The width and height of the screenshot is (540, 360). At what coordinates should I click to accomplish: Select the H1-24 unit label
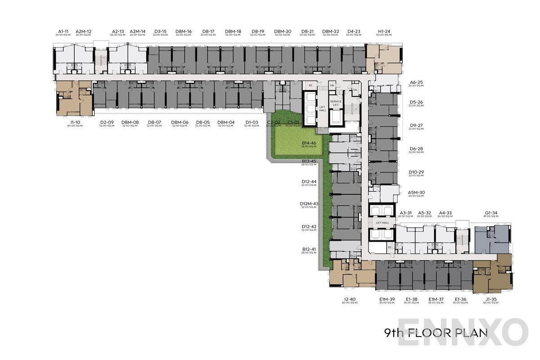[383, 31]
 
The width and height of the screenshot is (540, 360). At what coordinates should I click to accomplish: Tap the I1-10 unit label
[75, 122]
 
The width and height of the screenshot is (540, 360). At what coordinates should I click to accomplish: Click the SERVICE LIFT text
[336, 103]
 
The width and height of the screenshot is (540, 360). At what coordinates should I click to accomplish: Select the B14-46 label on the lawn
[309, 144]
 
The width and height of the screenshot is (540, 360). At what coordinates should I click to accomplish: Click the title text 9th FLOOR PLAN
[436, 333]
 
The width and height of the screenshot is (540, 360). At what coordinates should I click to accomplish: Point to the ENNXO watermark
[463, 333]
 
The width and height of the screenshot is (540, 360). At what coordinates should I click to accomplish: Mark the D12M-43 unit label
[309, 204]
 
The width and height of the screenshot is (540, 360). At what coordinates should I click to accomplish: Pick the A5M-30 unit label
[416, 193]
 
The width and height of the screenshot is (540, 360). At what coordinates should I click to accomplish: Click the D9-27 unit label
[416, 126]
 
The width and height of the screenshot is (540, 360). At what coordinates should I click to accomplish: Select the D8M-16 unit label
[183, 31]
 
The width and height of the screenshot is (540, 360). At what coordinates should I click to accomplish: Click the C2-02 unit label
[274, 122]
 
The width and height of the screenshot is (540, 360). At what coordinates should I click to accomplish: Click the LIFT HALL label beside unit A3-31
[382, 223]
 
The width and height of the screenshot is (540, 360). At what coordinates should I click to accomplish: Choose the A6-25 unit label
[416, 82]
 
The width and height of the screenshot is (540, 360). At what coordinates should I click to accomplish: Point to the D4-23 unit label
[354, 31]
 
